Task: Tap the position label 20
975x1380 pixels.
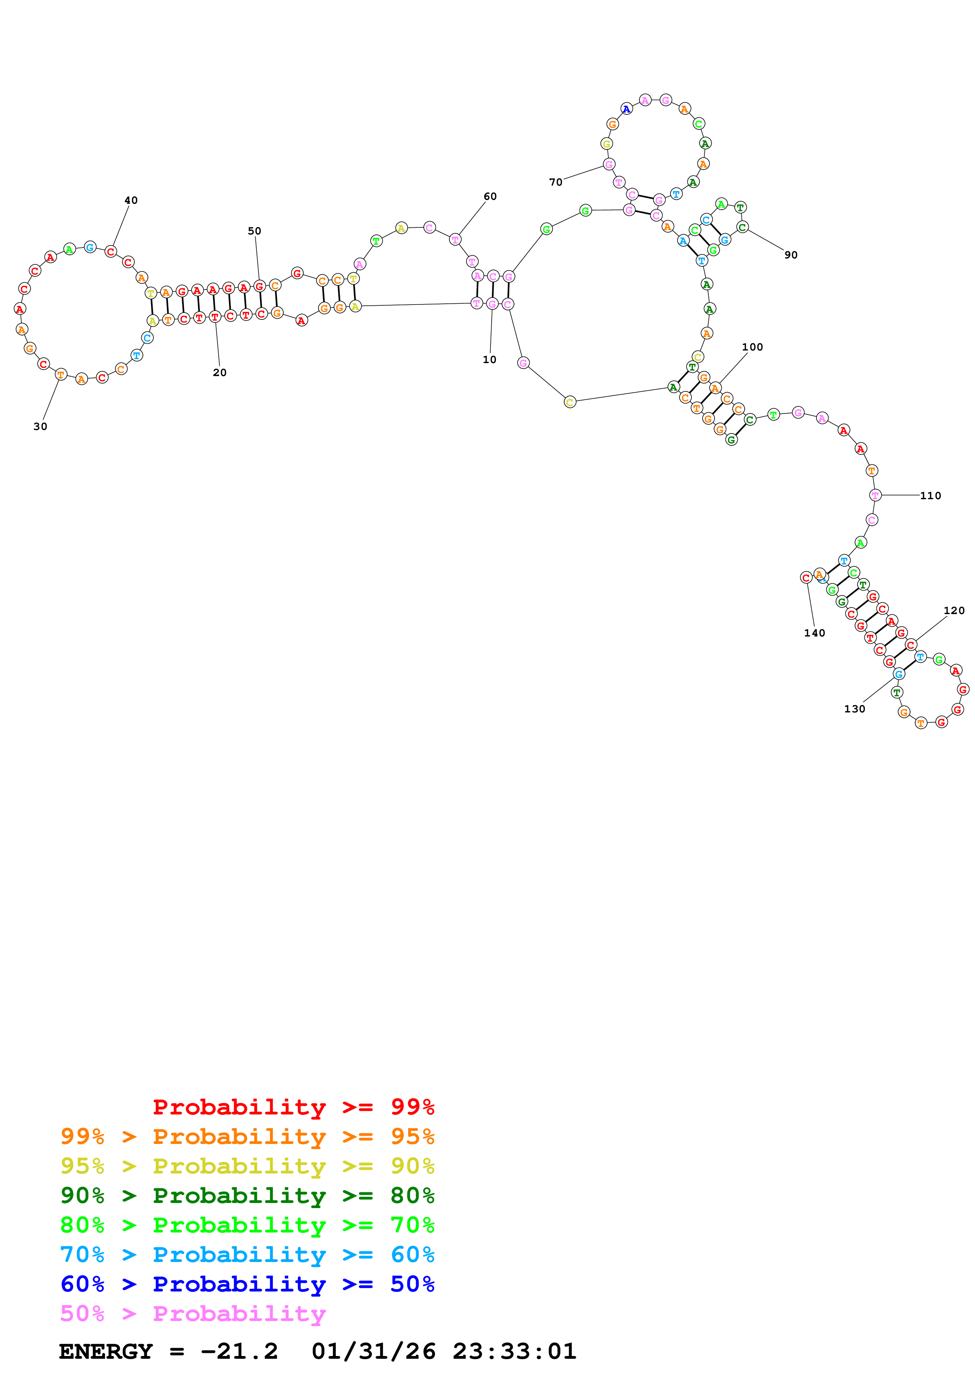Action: point(220,373)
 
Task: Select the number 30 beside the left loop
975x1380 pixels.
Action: point(40,426)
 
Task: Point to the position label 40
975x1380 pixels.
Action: point(131,200)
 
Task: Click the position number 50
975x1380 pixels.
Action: point(255,231)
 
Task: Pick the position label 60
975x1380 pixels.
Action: point(490,197)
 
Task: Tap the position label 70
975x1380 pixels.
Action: point(556,182)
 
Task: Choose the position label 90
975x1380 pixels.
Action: point(791,255)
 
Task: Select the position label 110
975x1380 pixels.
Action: point(931,496)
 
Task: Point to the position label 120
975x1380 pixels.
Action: point(954,611)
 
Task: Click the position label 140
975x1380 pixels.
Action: point(815,633)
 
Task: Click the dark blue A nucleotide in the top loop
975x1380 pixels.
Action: point(627,109)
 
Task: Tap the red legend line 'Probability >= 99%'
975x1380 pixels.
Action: point(293,1107)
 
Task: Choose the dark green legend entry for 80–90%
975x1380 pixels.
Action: point(247,1196)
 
